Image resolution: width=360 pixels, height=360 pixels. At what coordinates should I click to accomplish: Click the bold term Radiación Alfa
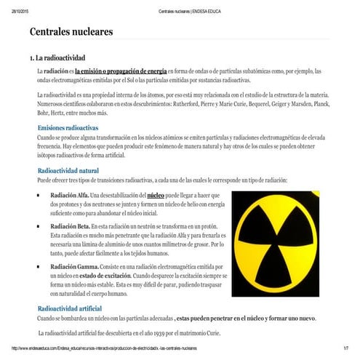(69, 196)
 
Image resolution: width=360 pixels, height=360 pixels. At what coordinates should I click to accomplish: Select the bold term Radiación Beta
(69, 227)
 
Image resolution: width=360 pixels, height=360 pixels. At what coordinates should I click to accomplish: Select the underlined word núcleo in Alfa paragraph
(156, 196)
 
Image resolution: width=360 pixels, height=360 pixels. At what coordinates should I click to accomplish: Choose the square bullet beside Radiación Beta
(38, 227)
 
